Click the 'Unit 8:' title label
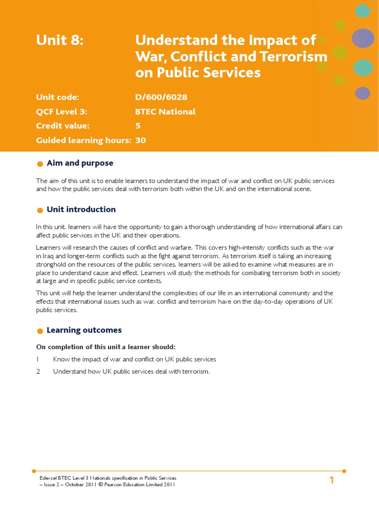point(60,40)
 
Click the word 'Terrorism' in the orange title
point(296,56)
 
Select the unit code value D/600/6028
point(161,97)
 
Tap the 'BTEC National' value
point(165,111)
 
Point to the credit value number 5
point(138,126)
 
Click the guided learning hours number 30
point(141,140)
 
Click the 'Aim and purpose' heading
point(80,163)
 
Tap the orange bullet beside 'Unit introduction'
point(40,211)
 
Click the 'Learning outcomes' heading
point(84,330)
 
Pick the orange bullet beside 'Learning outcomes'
point(40,331)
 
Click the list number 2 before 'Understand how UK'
point(38,371)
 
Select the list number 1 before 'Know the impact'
point(38,360)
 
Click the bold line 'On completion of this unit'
point(106,347)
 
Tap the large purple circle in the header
point(363,38)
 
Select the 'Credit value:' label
point(63,126)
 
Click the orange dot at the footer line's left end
point(34,471)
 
